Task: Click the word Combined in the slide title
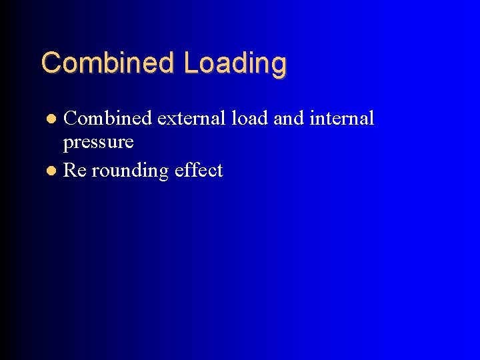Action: (108, 63)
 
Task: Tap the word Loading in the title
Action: (235, 64)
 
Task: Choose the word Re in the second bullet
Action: (75, 171)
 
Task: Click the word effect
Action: (199, 171)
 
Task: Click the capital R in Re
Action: (69, 171)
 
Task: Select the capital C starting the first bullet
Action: (70, 119)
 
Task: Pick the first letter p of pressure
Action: (67, 145)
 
